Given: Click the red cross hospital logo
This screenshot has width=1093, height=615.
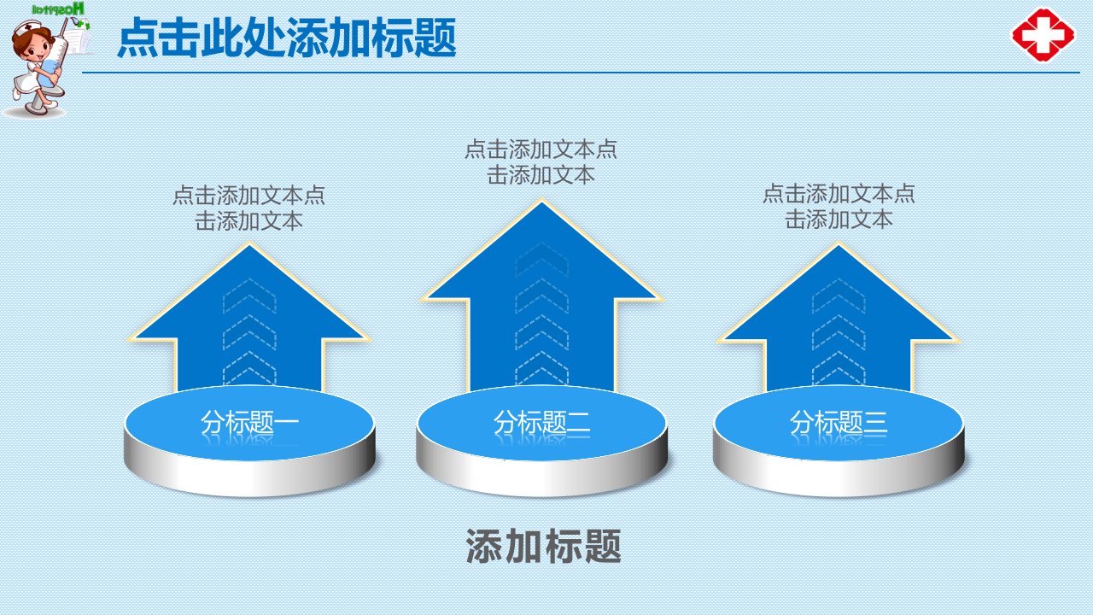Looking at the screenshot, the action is tap(1043, 35).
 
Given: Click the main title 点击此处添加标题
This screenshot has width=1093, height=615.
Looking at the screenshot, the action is tap(287, 38).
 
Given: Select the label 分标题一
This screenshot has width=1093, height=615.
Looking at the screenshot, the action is tap(249, 422).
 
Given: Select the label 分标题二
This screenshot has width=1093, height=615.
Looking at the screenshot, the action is tap(541, 422).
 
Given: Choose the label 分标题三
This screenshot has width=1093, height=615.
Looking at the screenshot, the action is tap(839, 422).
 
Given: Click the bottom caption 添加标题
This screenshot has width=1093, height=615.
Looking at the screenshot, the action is tap(543, 546).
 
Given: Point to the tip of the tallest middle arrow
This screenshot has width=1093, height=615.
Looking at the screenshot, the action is tap(541, 200).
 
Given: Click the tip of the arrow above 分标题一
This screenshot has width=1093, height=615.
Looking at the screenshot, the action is tap(250, 243).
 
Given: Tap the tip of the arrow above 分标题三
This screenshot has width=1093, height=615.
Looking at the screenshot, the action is tap(839, 243).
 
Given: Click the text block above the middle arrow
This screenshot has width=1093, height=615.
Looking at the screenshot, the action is tap(541, 162).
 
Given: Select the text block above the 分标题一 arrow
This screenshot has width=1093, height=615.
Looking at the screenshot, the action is tap(248, 208).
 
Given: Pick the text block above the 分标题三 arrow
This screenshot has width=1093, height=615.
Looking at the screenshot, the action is tap(839, 207).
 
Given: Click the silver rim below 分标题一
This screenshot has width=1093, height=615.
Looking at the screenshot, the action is tap(249, 476).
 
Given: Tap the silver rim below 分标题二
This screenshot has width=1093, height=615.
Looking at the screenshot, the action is tap(541, 476).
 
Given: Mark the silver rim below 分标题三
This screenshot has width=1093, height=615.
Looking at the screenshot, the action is tap(839, 476).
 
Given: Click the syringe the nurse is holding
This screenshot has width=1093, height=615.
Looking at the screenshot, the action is tap(56, 54).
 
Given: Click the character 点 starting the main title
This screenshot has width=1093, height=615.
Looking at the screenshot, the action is tap(138, 38).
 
